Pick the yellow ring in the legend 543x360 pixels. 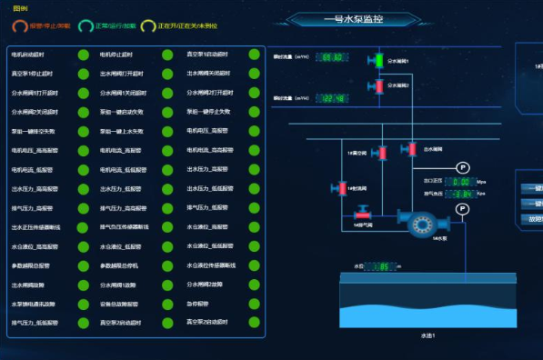click(149, 25)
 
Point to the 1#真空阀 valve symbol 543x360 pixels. click(384, 154)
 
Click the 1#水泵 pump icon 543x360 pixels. click(421, 224)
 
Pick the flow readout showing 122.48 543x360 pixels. click(331, 98)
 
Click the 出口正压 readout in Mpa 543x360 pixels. click(462, 182)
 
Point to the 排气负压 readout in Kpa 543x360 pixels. click(462, 194)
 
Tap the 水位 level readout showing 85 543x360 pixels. click(382, 266)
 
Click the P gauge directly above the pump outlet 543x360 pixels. click(462, 209)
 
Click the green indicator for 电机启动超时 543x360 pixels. click(83, 55)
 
